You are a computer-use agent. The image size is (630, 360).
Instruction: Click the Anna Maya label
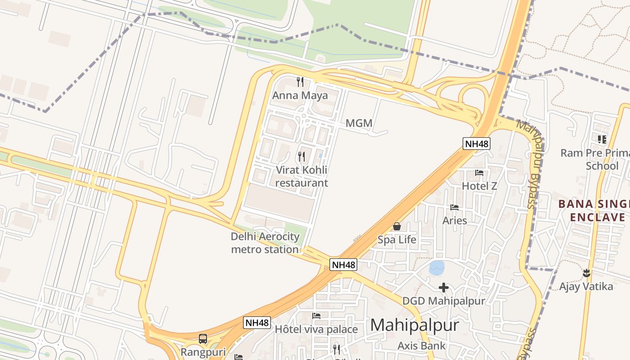tap(300, 95)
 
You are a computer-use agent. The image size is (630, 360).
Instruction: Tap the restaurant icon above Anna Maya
tap(300, 82)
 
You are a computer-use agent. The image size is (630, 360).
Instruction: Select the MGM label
tap(359, 123)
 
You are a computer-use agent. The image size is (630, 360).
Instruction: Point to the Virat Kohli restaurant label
tap(301, 176)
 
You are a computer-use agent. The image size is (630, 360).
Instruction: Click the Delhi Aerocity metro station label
tap(265, 243)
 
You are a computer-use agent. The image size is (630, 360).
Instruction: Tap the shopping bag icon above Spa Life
tap(396, 226)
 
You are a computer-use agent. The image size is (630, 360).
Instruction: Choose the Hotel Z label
tap(479, 186)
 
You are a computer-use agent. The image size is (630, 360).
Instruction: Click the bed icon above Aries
tap(454, 207)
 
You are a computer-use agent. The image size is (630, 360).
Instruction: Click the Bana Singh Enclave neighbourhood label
tap(594, 211)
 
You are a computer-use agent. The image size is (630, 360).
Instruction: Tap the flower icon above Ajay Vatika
tap(586, 273)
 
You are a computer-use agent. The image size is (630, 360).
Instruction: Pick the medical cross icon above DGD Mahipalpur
tap(444, 287)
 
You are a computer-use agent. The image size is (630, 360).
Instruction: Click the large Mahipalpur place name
tap(414, 325)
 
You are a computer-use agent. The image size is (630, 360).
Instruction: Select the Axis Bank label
tap(421, 346)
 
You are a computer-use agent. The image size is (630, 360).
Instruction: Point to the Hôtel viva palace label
tap(316, 329)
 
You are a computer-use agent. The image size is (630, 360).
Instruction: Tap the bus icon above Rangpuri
tap(203, 338)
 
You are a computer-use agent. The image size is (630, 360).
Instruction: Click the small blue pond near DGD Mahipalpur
tap(436, 268)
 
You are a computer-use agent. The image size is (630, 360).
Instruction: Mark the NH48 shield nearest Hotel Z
tap(477, 144)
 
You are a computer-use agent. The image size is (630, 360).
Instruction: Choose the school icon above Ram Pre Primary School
tap(602, 139)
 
